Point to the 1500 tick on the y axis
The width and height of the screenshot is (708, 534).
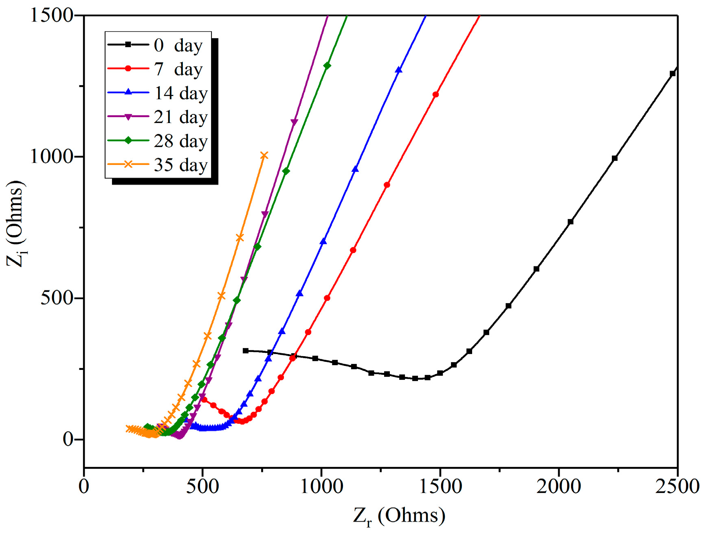click(51, 15)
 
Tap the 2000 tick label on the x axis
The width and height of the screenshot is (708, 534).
click(558, 486)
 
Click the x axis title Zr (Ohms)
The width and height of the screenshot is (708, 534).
click(399, 516)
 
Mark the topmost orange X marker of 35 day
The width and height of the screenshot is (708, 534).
click(264, 155)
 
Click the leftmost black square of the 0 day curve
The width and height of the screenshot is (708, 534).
click(246, 350)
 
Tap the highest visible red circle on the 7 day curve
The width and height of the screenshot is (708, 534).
click(435, 94)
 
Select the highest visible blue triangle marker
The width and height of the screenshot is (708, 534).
click(399, 70)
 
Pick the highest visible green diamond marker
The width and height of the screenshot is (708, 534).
click(327, 66)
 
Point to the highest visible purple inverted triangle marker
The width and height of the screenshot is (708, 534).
click(294, 122)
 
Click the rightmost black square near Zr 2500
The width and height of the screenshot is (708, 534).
click(673, 74)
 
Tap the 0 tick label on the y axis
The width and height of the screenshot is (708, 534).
click(68, 439)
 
